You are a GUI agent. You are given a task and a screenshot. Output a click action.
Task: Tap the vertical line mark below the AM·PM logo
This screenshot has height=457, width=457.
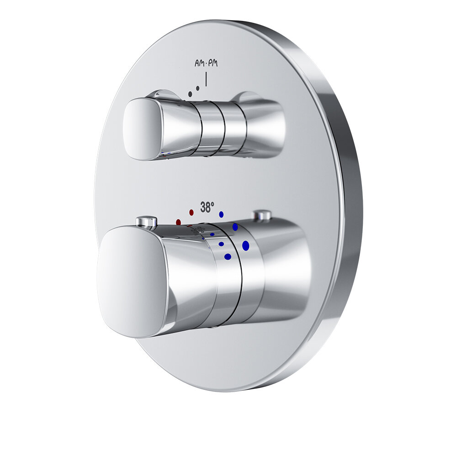coord(206,80)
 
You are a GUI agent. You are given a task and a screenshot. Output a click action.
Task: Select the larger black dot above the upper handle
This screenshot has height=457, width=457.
coord(190,94)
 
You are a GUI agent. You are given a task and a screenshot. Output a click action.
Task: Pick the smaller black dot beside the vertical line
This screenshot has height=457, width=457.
coord(198,88)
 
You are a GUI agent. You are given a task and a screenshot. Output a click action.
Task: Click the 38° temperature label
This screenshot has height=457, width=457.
coord(207,207)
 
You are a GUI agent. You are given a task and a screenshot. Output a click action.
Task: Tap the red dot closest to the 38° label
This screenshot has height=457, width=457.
coord(191,213)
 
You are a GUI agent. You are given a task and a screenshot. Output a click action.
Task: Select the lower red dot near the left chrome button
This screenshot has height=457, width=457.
coord(178,222)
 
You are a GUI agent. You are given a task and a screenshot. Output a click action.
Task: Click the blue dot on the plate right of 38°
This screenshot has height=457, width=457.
coord(221,213)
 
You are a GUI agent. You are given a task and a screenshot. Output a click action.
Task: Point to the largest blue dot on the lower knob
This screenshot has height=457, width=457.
coord(246,245)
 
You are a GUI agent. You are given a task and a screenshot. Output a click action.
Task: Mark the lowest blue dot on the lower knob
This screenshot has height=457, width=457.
coord(228,256)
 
